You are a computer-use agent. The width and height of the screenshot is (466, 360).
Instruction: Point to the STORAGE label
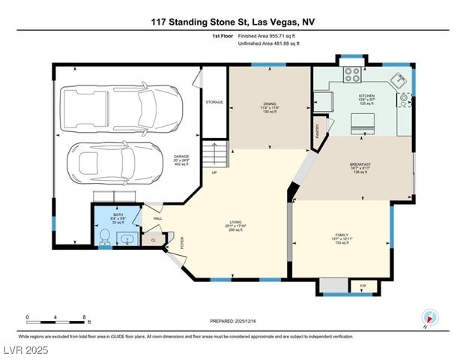tap(214, 102)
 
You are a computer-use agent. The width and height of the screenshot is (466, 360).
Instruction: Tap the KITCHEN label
tap(366, 96)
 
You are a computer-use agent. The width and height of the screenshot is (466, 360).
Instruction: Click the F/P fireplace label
tap(363, 286)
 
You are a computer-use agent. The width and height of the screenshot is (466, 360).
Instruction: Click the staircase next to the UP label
tap(216, 156)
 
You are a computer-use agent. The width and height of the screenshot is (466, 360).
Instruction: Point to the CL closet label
tap(153, 240)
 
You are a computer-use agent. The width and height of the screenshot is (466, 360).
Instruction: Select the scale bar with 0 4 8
tap(57, 319)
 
